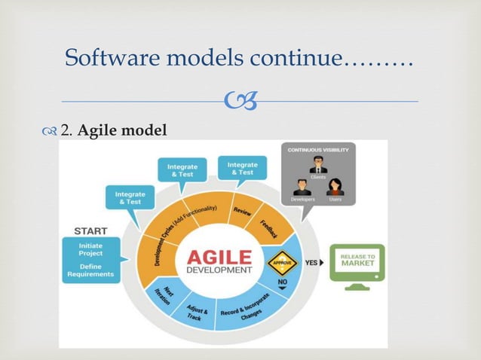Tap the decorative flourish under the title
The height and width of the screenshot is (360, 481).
point(240,101)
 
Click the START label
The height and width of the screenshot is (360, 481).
point(90,230)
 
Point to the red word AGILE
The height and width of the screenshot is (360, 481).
point(221,255)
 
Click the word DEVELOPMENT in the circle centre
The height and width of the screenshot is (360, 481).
point(221,270)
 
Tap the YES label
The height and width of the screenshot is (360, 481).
point(311,264)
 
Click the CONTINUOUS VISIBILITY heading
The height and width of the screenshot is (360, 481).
point(318,151)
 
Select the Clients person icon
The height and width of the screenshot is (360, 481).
point(318,166)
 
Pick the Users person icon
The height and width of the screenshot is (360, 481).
point(335,187)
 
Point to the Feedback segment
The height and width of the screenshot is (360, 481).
point(269,229)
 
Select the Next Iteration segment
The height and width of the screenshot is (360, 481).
point(161,294)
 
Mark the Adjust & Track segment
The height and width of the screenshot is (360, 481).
point(196,312)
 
